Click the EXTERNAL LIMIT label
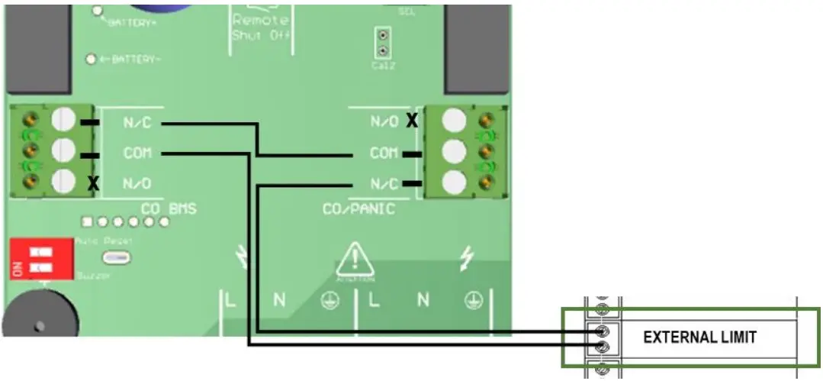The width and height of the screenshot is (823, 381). click(700, 337)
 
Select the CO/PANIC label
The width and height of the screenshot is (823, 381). click(358, 208)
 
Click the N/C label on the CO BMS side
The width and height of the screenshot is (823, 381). click(137, 122)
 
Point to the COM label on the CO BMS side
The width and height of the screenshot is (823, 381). click(137, 153)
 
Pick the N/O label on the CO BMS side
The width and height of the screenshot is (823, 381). click(137, 183)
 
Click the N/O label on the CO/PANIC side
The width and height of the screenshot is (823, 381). click(384, 121)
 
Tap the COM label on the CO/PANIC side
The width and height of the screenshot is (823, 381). click(384, 153)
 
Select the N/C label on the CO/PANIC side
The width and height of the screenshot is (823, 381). click(384, 183)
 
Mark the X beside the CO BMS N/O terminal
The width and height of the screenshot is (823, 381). click(94, 183)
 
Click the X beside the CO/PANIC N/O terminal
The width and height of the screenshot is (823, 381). click(413, 120)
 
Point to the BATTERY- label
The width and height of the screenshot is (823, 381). click(136, 59)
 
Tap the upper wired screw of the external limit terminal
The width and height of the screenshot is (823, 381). click(603, 331)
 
